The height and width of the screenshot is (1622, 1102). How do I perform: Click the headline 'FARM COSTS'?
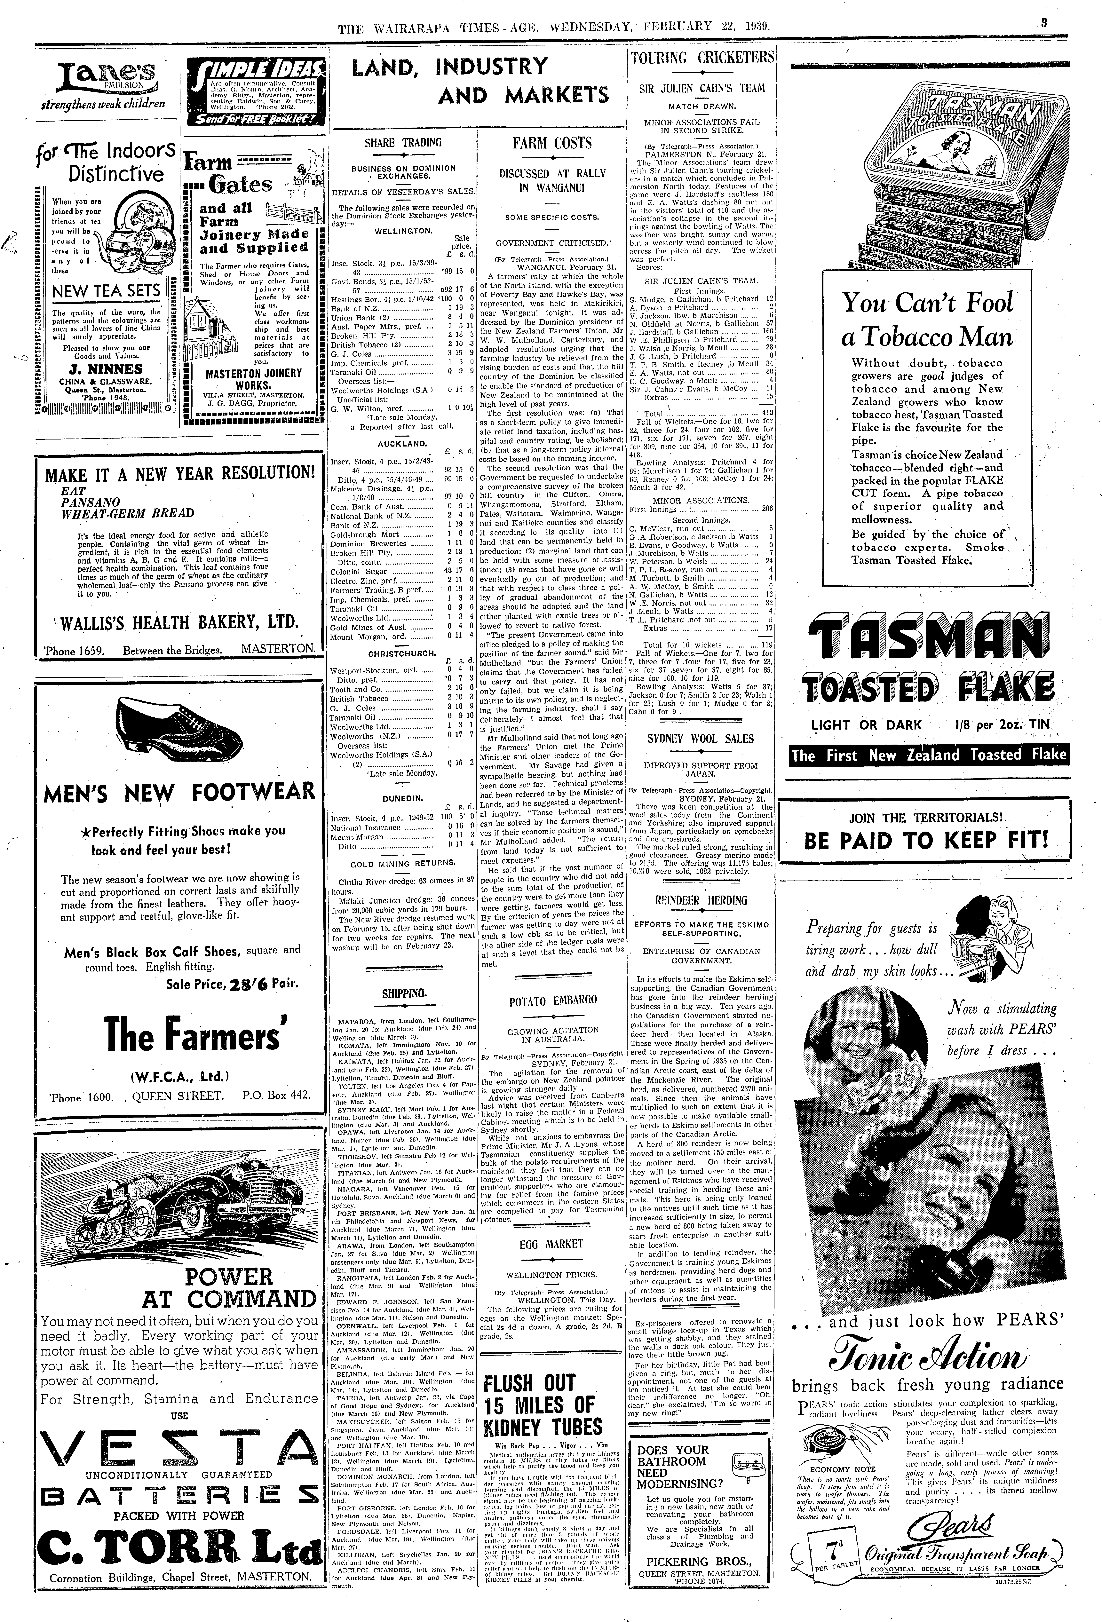point(551,143)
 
